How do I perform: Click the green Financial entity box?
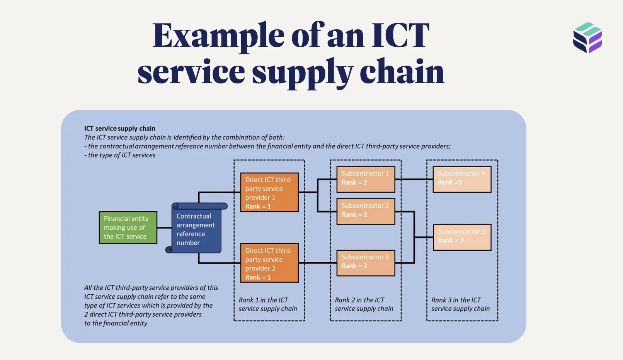pos(128,228)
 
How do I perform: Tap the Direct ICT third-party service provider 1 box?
pos(269,192)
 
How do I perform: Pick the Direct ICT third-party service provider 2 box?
pos(269,263)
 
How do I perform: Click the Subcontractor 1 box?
pos(366,179)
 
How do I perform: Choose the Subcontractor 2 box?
pos(366,211)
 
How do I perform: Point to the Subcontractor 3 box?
pos(366,263)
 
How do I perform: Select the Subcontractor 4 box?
pos(462,179)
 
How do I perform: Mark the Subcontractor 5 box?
pos(462,237)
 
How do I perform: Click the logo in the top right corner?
pos(587,37)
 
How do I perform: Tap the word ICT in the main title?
pos(400,36)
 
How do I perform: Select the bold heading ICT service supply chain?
pos(120,128)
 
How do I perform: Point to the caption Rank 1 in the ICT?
pos(263,300)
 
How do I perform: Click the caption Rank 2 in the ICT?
pos(359,300)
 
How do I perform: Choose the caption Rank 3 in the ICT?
pos(456,300)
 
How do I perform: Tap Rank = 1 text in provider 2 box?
pos(258,277)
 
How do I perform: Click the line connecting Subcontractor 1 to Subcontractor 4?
pos(414,179)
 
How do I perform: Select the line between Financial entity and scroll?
pos(164,228)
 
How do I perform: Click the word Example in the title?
pos(218,36)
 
